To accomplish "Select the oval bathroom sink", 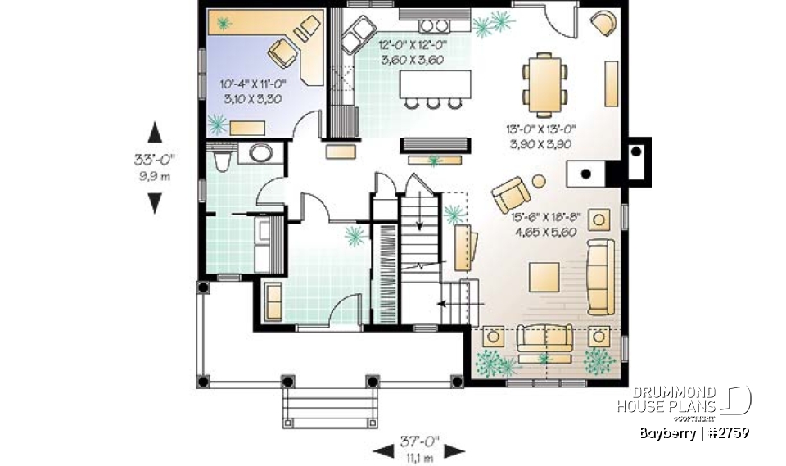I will (x=261, y=153).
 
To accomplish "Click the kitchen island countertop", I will (x=436, y=84).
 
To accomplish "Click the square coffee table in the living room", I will (x=544, y=277).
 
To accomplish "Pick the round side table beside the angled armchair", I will (x=539, y=182).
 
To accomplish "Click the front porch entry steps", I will (x=332, y=404).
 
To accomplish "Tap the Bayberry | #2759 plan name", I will (x=693, y=433).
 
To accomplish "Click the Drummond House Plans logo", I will (x=692, y=400).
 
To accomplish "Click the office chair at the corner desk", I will (x=282, y=54).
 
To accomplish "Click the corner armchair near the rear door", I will (x=604, y=23).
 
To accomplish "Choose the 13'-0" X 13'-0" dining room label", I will (x=539, y=136).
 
